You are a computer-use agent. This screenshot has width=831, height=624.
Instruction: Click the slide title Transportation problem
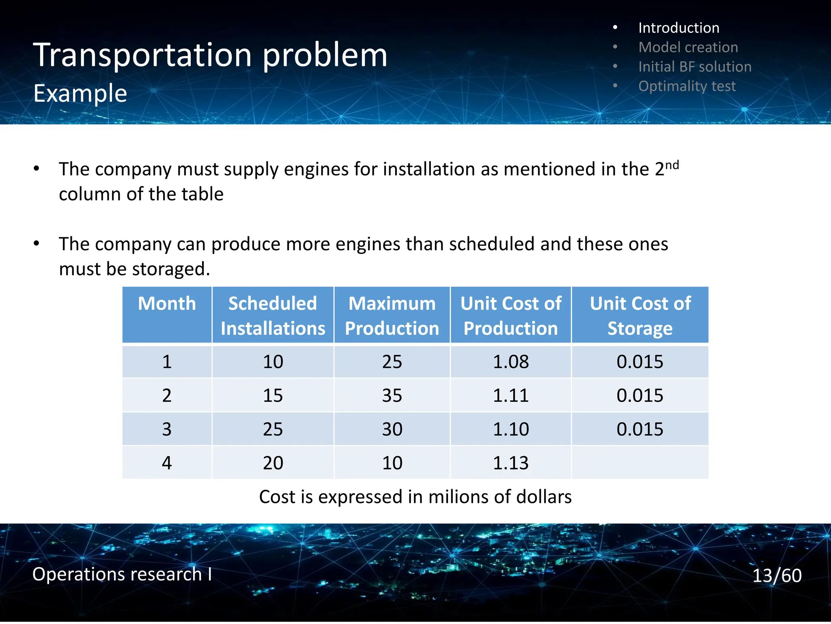point(210,55)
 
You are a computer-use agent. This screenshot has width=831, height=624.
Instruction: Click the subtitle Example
point(80,93)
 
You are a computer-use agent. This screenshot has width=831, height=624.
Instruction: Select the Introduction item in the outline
point(678,28)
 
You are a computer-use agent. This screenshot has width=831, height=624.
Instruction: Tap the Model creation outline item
point(688,47)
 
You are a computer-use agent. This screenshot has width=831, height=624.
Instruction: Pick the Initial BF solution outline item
point(695,67)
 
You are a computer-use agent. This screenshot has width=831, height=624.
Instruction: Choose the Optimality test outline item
point(687,86)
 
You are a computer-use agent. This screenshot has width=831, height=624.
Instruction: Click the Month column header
point(167,304)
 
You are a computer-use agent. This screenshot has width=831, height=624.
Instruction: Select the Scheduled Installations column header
point(273,316)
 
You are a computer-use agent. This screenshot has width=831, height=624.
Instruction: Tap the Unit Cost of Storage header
point(640,316)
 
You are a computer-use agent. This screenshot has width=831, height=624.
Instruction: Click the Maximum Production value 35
point(392,395)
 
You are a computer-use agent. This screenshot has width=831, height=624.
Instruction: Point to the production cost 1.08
point(510,362)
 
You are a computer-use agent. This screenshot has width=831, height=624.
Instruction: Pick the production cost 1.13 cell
point(510,463)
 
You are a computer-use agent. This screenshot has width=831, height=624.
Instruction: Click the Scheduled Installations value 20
point(273,463)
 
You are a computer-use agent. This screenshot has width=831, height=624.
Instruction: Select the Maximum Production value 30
point(392,429)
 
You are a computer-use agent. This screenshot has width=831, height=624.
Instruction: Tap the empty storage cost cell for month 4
point(640,463)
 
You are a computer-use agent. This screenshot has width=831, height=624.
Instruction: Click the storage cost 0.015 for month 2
point(640,395)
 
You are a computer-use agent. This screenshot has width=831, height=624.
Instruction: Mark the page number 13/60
point(777,575)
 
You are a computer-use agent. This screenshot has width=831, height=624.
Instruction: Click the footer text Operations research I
point(122,574)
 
